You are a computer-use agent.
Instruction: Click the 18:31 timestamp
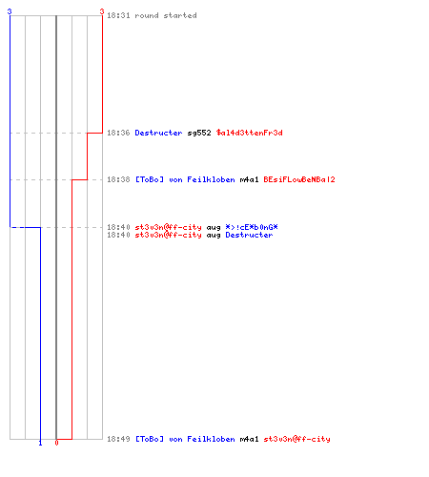(118, 15)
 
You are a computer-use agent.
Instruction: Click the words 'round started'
(166, 15)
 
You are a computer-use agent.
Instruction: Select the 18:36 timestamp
(118, 133)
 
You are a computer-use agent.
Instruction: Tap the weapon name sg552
(199, 133)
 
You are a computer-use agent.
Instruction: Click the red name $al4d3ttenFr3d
(250, 133)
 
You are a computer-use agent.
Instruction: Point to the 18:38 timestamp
(118, 179)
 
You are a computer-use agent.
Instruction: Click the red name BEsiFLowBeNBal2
(299, 179)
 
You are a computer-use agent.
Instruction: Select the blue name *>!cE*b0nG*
(252, 227)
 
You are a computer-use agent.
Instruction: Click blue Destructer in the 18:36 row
(158, 133)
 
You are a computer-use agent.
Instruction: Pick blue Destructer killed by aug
(249, 235)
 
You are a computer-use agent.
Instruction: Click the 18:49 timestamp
(118, 439)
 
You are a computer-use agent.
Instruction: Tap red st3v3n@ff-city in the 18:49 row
(296, 439)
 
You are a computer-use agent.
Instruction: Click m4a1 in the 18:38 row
(249, 179)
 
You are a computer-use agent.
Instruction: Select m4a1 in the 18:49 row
(249, 439)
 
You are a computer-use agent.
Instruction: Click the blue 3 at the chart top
(10, 11)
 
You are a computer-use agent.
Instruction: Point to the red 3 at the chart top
(102, 11)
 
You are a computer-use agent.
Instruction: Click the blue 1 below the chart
(40, 443)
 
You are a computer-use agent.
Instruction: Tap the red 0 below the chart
(56, 443)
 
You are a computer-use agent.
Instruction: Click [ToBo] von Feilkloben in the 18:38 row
(185, 179)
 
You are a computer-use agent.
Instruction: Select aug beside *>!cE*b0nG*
(214, 228)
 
